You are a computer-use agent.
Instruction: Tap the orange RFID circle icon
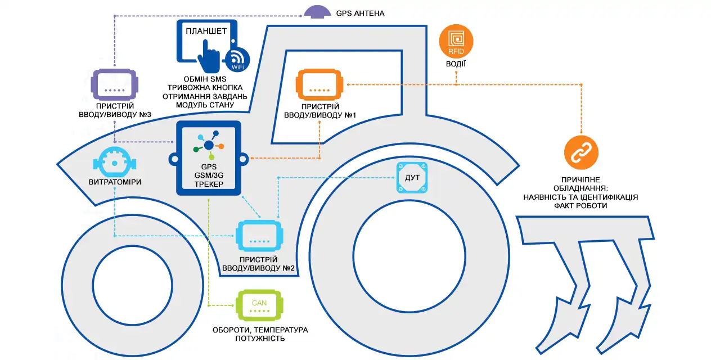click(456, 41)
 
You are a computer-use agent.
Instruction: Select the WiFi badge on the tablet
click(236, 59)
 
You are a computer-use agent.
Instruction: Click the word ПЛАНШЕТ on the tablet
click(206, 31)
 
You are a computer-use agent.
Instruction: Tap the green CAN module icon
click(259, 306)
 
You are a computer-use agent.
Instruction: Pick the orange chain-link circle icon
click(581, 153)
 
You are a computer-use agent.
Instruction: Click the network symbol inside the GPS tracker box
click(209, 143)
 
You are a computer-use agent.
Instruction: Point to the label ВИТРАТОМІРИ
click(115, 182)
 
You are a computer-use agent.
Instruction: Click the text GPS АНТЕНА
click(360, 12)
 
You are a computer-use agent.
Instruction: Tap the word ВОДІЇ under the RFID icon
click(456, 64)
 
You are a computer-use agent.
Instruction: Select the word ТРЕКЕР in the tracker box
click(209, 184)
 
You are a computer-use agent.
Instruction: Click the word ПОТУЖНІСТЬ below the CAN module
click(260, 339)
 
